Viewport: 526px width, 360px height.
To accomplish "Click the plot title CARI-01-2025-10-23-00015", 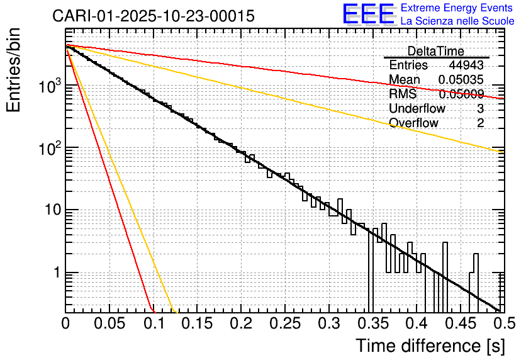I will tap(154, 16).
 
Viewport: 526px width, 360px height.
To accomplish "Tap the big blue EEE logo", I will tap(368, 14).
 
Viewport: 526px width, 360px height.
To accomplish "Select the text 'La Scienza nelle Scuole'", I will tap(457, 21).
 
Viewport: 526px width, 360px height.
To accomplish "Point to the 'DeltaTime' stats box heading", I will tap(436, 51).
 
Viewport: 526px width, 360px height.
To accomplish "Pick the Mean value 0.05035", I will tap(461, 80).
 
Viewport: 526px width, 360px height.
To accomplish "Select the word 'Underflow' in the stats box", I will tap(417, 109).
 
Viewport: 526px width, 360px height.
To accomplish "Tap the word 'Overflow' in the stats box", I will tap(413, 123).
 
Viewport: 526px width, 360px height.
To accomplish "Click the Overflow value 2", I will tap(480, 123).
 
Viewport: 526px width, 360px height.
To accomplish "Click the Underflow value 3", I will tap(480, 109).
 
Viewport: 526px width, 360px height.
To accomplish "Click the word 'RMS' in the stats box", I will tap(403, 94).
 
